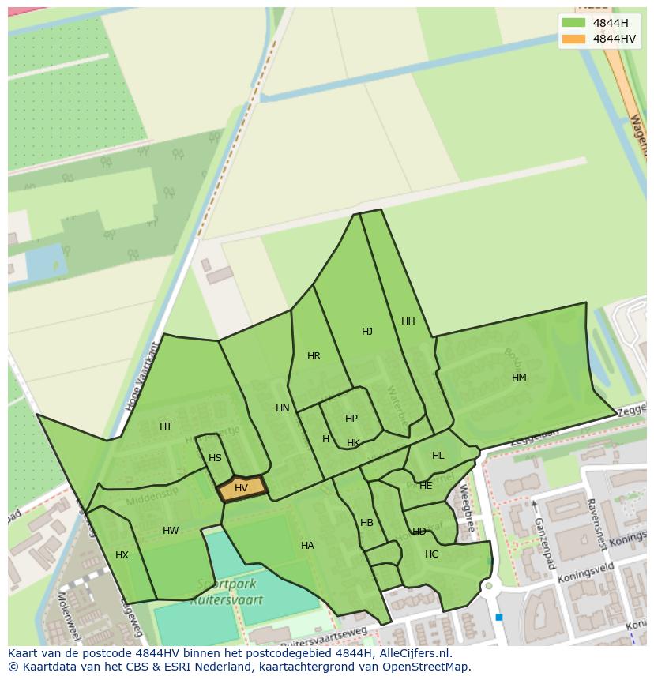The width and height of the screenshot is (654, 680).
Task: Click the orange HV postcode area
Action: click(x=242, y=489)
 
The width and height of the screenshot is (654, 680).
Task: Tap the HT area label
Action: click(x=166, y=426)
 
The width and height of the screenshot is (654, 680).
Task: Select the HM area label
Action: click(x=519, y=378)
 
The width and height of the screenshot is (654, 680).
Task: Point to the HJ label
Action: click(x=367, y=332)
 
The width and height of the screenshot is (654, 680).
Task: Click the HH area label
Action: click(x=408, y=321)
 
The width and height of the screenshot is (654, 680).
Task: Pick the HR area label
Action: click(x=314, y=356)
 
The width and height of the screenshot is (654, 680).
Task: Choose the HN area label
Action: click(x=283, y=408)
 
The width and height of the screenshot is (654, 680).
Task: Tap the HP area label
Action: click(x=351, y=419)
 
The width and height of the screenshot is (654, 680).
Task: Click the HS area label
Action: click(x=215, y=458)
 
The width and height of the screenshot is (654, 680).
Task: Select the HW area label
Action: click(x=171, y=531)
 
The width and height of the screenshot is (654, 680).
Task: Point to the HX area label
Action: click(x=122, y=555)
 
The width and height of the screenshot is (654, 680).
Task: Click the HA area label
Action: click(x=307, y=546)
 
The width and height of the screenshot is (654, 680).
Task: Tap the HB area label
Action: click(x=366, y=523)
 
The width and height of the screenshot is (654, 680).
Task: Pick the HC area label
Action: click(x=431, y=554)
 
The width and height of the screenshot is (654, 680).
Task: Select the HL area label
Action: click(x=438, y=456)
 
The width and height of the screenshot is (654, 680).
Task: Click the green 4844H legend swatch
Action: click(x=574, y=22)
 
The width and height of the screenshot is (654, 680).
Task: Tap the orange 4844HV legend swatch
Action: click(x=574, y=39)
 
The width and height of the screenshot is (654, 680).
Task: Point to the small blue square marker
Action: click(x=499, y=617)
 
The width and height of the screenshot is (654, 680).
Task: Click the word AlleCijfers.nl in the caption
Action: click(x=413, y=653)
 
